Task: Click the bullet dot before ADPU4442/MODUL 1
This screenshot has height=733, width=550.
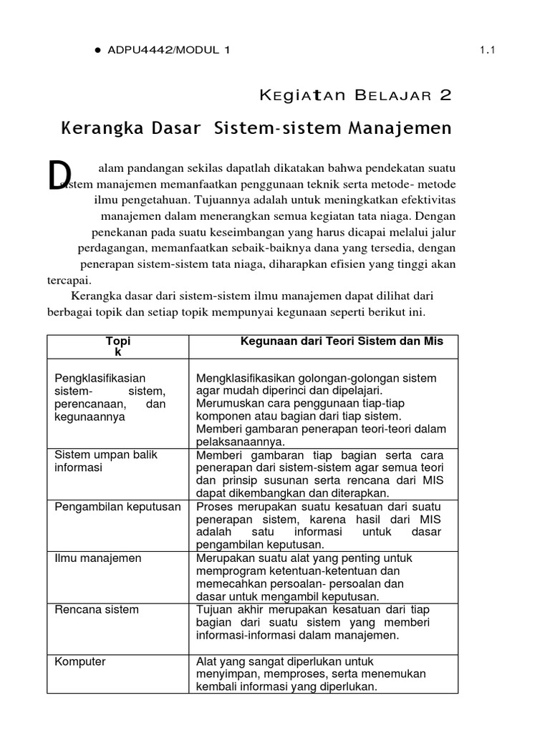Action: pyautogui.click(x=97, y=50)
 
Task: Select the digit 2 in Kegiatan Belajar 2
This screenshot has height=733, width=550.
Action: pyautogui.click(x=445, y=96)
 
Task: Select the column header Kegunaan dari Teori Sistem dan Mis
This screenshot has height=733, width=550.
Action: pyautogui.click(x=341, y=341)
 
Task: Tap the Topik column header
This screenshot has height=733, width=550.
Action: pyautogui.click(x=118, y=346)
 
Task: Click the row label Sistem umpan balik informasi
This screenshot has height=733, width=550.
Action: pyautogui.click(x=105, y=461)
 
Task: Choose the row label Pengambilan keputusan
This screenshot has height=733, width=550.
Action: pyautogui.click(x=117, y=506)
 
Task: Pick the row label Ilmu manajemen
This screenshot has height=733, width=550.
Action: pyautogui.click(x=97, y=558)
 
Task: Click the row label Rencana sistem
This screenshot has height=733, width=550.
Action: pyautogui.click(x=97, y=609)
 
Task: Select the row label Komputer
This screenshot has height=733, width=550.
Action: pyautogui.click(x=80, y=661)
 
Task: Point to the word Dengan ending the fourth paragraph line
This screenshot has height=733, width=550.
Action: pyautogui.click(x=436, y=215)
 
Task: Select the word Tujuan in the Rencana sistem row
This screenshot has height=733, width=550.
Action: pyautogui.click(x=213, y=609)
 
